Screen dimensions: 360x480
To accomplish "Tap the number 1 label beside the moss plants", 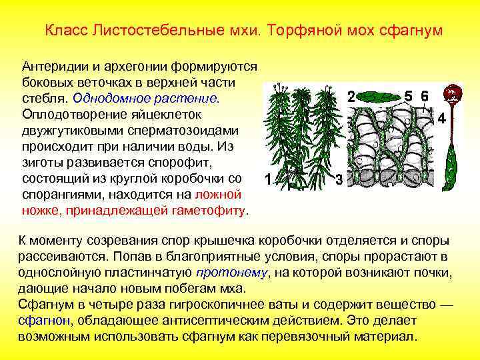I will click(267, 179).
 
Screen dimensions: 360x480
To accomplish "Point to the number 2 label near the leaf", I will click(351, 97).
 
